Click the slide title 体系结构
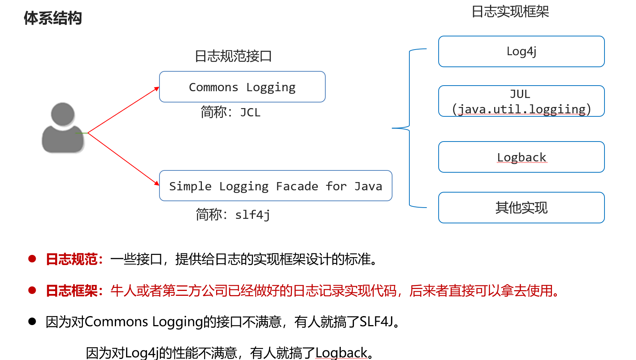pyautogui.click(x=53, y=18)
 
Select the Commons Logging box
pyautogui.click(x=242, y=87)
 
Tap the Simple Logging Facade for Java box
pyautogui.click(x=276, y=186)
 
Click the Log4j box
pyautogui.click(x=521, y=51)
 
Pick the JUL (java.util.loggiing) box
pyautogui.click(x=521, y=101)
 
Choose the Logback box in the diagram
pyautogui.click(x=521, y=157)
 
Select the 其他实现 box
pyautogui.click(x=521, y=208)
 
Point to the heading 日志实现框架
pyautogui.click(x=510, y=12)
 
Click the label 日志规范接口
pyautogui.click(x=233, y=56)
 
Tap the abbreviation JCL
pyautogui.click(x=250, y=113)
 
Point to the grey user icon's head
pyautogui.click(x=63, y=114)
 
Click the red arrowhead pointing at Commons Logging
pyautogui.click(x=156, y=89)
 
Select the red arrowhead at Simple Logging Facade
pyautogui.click(x=156, y=183)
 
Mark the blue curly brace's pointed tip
pyautogui.click(x=392, y=128)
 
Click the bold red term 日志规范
pyautogui.click(x=72, y=259)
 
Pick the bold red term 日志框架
pyautogui.click(x=72, y=291)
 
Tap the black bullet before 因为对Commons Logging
pyautogui.click(x=32, y=321)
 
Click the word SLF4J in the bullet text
pyautogui.click(x=376, y=322)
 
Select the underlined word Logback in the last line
pyautogui.click(x=341, y=353)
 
